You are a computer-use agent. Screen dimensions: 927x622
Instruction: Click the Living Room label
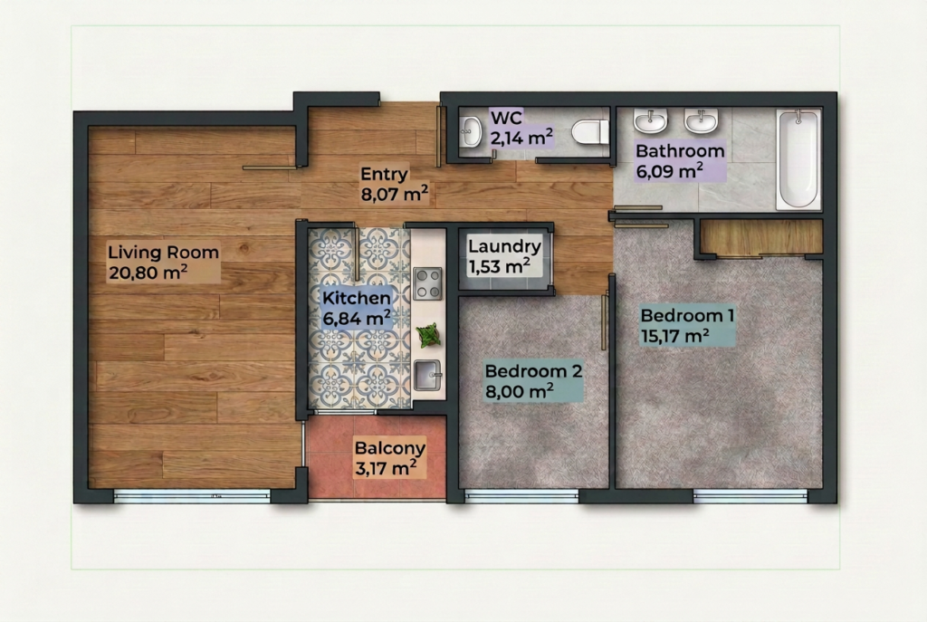coord(163,253)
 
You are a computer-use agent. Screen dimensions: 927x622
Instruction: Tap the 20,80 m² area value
coord(148,272)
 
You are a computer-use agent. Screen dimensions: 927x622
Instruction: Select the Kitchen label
coord(356,298)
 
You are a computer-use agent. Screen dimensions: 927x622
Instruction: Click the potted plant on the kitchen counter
coord(428,335)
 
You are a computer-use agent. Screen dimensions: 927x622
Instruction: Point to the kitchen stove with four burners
coord(427,283)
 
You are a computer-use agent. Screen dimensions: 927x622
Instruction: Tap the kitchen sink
coord(427,376)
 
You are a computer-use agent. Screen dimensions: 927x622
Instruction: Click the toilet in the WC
coord(590,132)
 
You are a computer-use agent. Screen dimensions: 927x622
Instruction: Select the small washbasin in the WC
coord(471,131)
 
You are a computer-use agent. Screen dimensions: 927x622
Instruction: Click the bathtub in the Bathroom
coord(798,158)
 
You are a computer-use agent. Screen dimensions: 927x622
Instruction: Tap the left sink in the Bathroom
coord(650,120)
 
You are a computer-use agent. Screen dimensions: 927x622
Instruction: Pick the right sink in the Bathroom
coord(702,120)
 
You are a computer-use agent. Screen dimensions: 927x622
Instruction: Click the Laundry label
coord(505,246)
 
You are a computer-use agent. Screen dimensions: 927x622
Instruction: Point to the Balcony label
coord(389,448)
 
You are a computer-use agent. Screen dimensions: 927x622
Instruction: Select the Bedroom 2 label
coord(533,371)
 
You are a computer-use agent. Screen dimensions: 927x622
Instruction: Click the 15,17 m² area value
coord(675,336)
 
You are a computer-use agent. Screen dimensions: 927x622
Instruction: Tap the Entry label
coord(384,175)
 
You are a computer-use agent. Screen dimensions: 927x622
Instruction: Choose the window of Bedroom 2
coord(521,495)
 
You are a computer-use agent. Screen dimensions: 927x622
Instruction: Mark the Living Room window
coord(192,495)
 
